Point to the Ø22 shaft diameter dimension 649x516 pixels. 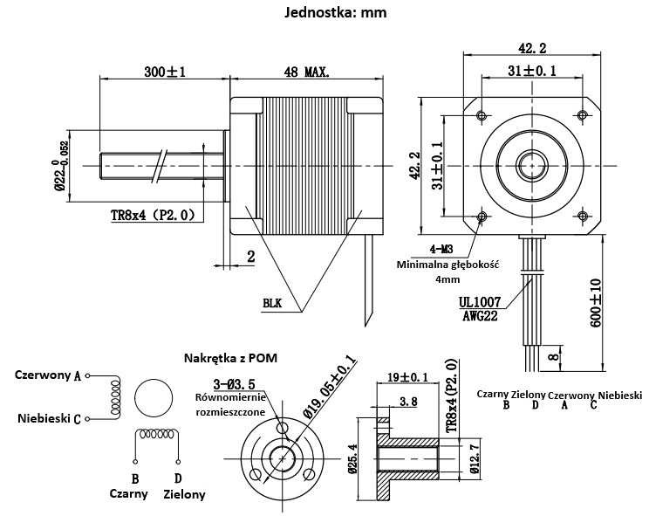click(60, 165)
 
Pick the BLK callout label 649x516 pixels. click(272, 303)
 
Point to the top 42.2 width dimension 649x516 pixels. click(531, 48)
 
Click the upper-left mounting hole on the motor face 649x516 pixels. click(481, 114)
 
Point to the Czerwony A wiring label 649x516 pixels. click(48, 375)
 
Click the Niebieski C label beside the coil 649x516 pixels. click(49, 418)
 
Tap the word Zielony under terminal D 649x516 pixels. click(184, 494)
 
